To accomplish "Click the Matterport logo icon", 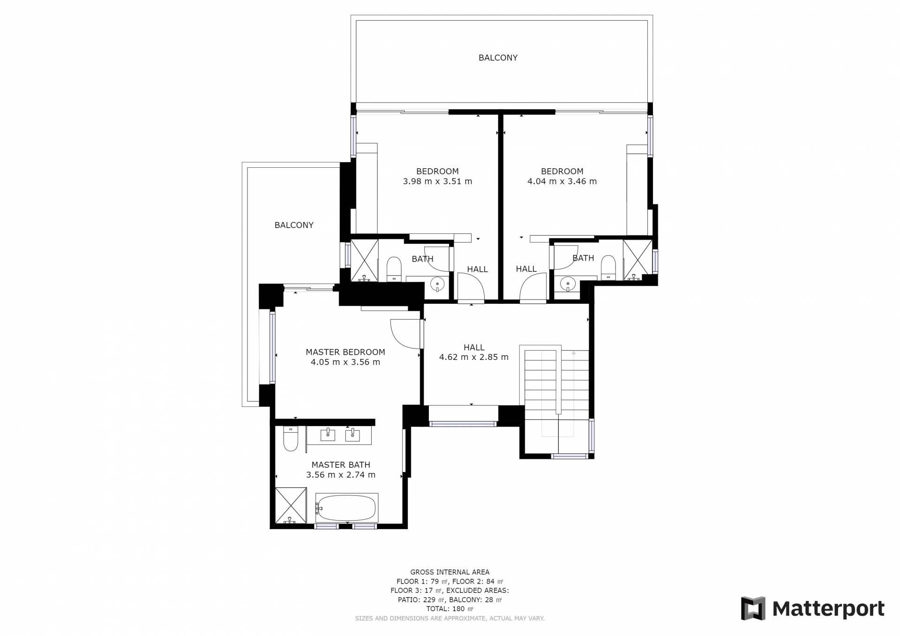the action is point(753,608).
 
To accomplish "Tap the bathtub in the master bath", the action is point(346,508).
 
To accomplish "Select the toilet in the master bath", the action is point(291,438).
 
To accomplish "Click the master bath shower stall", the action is point(291,506).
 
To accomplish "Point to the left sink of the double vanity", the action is point(328,435).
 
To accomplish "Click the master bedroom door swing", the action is point(405,334).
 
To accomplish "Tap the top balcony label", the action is point(498,58).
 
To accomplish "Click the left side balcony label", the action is point(294,225).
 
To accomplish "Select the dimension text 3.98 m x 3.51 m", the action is point(437,181).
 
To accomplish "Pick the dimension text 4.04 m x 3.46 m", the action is point(562,181).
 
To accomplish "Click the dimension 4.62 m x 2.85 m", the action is point(473,357).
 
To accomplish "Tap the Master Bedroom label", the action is point(345,352).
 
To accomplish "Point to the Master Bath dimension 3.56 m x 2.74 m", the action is point(341,475).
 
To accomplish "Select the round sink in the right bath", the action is point(568,284).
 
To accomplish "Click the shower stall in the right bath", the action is point(637,260).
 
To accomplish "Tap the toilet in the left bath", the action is point(394,269).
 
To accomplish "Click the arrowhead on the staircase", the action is point(573,353).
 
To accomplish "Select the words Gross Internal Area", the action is point(450,572).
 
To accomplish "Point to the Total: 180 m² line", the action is point(450,609).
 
